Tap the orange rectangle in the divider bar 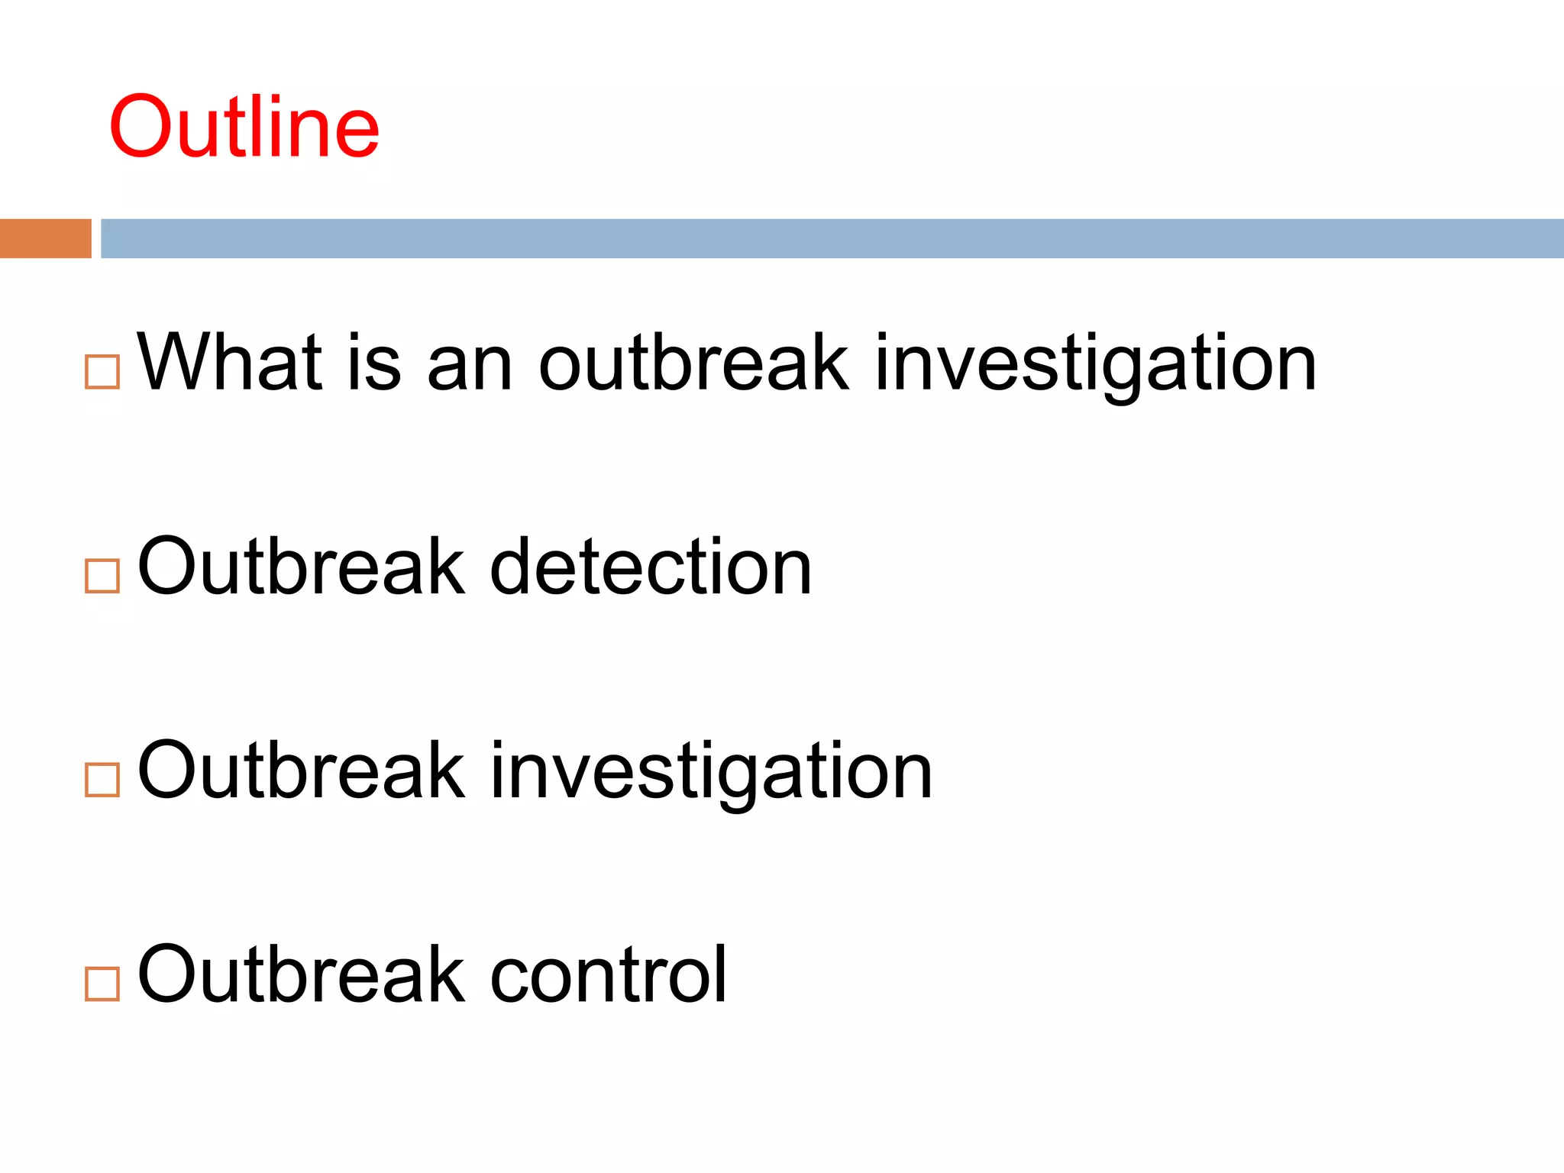coord(45,238)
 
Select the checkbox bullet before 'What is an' coord(102,373)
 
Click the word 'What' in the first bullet coord(229,363)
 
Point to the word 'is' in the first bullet coord(373,363)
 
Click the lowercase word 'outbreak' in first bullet coord(693,363)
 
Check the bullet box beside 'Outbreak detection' coord(102,576)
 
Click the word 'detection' coord(651,567)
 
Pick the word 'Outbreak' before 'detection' coord(301,567)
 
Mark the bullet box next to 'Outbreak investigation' coord(102,780)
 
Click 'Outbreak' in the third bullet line coord(301,771)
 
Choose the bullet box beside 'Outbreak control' coord(102,984)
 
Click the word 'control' coord(608,975)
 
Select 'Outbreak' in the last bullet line coord(301,975)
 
